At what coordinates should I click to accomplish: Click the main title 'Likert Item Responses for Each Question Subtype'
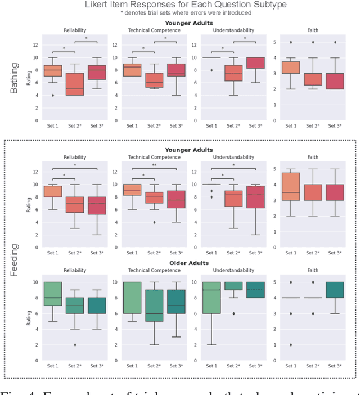(179, 5)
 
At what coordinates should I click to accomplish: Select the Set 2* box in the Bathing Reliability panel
(75, 84)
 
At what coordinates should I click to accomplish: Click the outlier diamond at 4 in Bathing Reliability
(53, 95)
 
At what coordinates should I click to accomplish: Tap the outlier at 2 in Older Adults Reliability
(75, 345)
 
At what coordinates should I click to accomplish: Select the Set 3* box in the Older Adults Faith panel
(335, 290)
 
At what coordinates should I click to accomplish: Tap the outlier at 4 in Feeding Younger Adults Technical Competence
(154, 222)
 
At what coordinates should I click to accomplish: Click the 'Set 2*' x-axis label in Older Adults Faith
(312, 366)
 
